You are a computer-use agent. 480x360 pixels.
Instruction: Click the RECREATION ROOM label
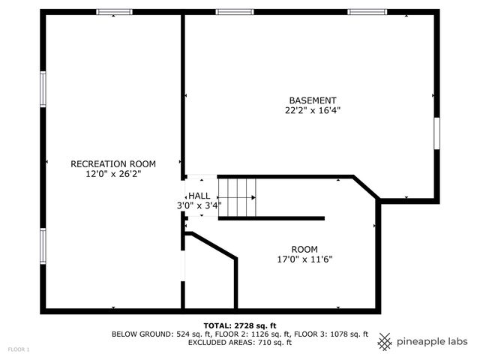[112, 163]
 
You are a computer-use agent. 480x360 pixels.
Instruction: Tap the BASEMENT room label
[313, 100]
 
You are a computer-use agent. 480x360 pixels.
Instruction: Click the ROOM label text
[304, 250]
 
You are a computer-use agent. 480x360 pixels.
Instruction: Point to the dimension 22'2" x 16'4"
[313, 110]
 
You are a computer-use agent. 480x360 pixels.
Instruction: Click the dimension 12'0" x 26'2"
[112, 173]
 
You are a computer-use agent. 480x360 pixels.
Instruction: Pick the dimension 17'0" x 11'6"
[304, 259]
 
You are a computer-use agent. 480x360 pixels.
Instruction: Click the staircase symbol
[237, 198]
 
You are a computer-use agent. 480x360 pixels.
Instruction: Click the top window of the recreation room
[114, 12]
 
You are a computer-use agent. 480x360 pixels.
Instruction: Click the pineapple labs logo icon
[385, 341]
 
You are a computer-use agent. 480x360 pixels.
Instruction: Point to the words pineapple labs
[433, 341]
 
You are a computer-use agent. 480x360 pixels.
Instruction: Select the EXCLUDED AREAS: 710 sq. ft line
[239, 342]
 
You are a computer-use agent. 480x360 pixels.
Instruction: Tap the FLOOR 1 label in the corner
[19, 349]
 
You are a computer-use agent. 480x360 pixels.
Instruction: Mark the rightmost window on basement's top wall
[367, 12]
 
